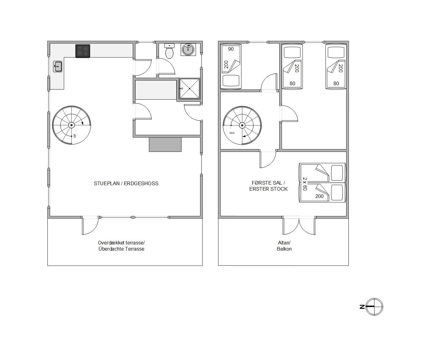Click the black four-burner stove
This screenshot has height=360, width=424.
[83, 51]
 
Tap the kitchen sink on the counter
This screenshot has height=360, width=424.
[58, 66]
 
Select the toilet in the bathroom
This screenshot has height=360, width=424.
[169, 51]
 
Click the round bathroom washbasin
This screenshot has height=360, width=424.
[188, 50]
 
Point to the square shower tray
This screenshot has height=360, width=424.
[189, 89]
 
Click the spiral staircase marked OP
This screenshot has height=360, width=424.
[71, 125]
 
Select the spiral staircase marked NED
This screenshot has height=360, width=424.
[242, 125]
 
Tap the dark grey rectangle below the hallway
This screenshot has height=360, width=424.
[165, 145]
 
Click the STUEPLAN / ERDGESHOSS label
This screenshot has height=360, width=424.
[126, 183]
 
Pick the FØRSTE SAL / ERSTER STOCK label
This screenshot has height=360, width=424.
[268, 186]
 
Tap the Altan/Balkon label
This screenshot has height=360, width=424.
[284, 246]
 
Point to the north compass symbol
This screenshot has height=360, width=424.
[374, 307]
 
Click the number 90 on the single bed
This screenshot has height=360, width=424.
[231, 49]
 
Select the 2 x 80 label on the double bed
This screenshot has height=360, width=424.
[305, 184]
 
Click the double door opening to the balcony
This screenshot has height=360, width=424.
[299, 226]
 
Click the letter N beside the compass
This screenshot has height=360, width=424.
[362, 307]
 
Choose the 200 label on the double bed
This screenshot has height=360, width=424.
[319, 196]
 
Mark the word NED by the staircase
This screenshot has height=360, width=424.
[232, 133]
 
